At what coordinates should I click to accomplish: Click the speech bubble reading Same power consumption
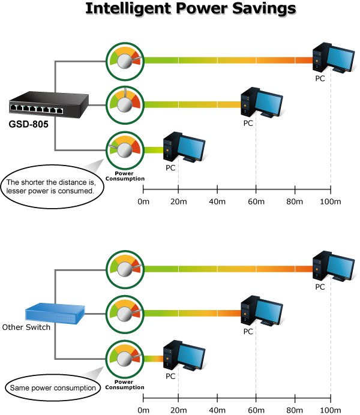52,387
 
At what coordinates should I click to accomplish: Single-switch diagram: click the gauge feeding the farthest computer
125,59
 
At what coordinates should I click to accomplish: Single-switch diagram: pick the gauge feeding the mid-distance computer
125,104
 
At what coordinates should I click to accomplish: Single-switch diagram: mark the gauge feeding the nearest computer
125,149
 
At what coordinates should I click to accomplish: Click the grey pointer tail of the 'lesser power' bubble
94,167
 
